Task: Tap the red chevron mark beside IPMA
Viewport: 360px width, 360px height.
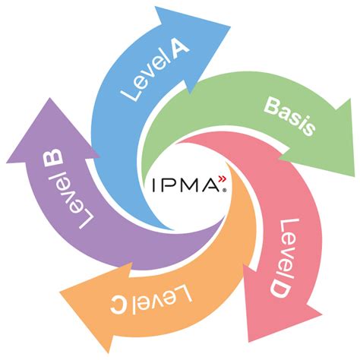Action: tap(221, 179)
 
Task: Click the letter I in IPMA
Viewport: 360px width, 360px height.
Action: tap(155, 185)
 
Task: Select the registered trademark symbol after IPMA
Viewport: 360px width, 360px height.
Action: tap(223, 191)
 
